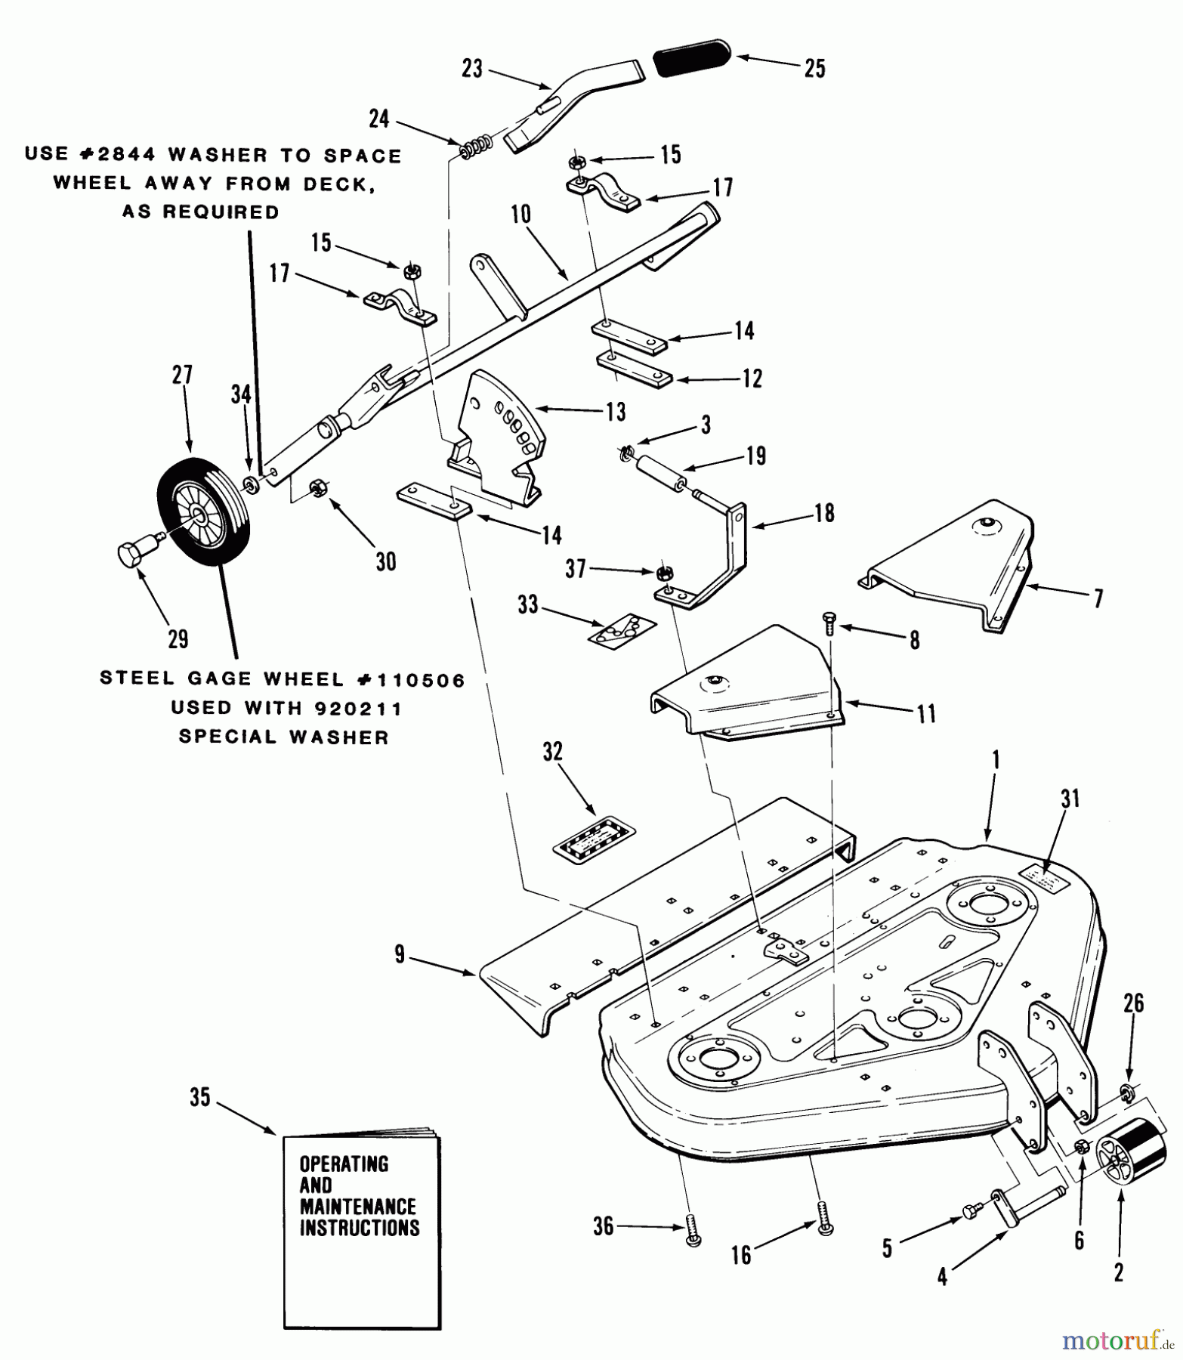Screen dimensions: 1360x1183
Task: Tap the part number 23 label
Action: [472, 70]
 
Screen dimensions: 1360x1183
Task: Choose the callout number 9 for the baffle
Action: [400, 955]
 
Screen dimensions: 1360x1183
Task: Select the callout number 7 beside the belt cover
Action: [1098, 598]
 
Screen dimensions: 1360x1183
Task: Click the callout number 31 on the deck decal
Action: [1070, 799]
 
